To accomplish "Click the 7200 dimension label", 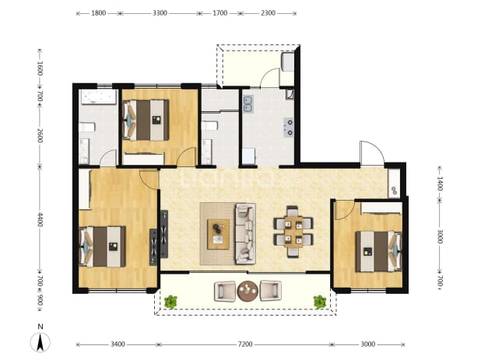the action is [x=245, y=344].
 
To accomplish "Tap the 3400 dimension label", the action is [x=118, y=344].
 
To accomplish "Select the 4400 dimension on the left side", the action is [x=40, y=219].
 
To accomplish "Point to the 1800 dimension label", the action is [x=99, y=13].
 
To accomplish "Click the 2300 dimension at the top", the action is [x=268, y=13].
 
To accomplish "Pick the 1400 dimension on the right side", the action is [x=440, y=183].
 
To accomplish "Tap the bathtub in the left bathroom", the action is [x=99, y=96].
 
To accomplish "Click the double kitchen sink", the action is [x=248, y=103].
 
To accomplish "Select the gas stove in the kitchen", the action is [x=288, y=128].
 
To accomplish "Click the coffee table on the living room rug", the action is [x=218, y=234].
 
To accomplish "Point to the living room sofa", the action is [x=245, y=233].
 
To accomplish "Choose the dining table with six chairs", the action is [x=293, y=232].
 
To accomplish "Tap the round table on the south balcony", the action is [x=248, y=291].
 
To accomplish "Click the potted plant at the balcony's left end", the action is [x=170, y=302].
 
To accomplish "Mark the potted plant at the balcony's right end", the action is [x=319, y=302].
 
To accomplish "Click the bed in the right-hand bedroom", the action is [x=378, y=252].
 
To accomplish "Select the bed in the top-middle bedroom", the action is [x=146, y=120].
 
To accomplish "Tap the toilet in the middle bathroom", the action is [x=209, y=126].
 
